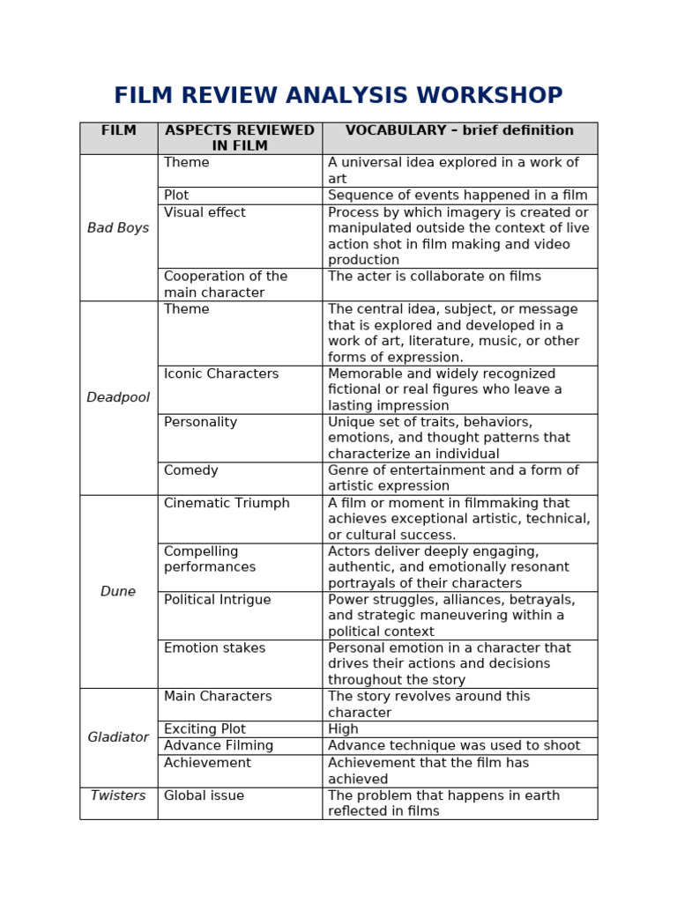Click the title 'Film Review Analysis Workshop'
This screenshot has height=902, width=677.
point(338,96)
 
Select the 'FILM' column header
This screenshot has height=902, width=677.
point(118,131)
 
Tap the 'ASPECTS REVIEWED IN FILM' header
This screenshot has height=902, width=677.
point(240,138)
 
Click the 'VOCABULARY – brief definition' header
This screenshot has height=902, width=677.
point(459,131)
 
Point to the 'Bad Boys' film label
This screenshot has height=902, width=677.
point(118,228)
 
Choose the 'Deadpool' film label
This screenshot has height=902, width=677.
point(118,398)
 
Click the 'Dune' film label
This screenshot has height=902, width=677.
point(118,592)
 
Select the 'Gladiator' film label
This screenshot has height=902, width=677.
point(118,738)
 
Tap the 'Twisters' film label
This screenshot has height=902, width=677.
point(118,796)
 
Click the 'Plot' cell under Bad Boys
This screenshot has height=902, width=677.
point(176,196)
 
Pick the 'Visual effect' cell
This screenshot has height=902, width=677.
point(205,213)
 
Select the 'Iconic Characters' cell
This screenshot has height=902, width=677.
point(221,374)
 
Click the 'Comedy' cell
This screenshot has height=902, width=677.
point(191,471)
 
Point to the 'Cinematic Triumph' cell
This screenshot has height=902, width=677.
point(227,504)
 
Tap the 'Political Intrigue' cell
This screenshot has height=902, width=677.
point(218,601)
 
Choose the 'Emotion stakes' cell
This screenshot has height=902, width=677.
point(214,649)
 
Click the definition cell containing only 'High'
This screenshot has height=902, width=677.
point(343,730)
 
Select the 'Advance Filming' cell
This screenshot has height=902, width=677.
point(219,746)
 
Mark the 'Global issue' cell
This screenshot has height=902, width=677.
point(204,796)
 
